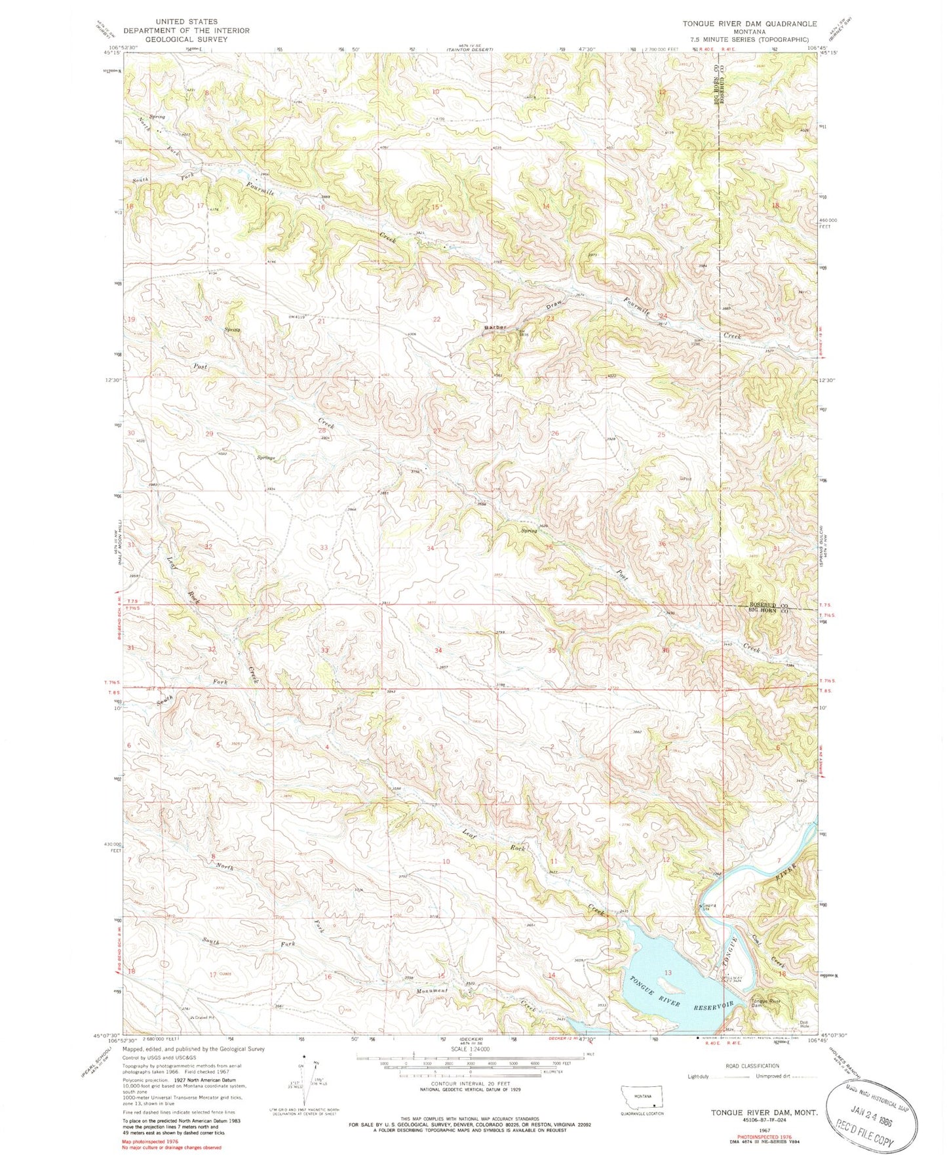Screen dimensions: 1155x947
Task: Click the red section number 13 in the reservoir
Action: (x=668, y=972)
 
